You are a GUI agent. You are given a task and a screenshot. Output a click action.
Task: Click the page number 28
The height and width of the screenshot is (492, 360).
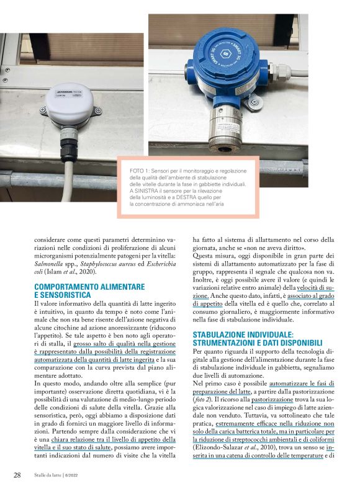coord(17,475)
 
